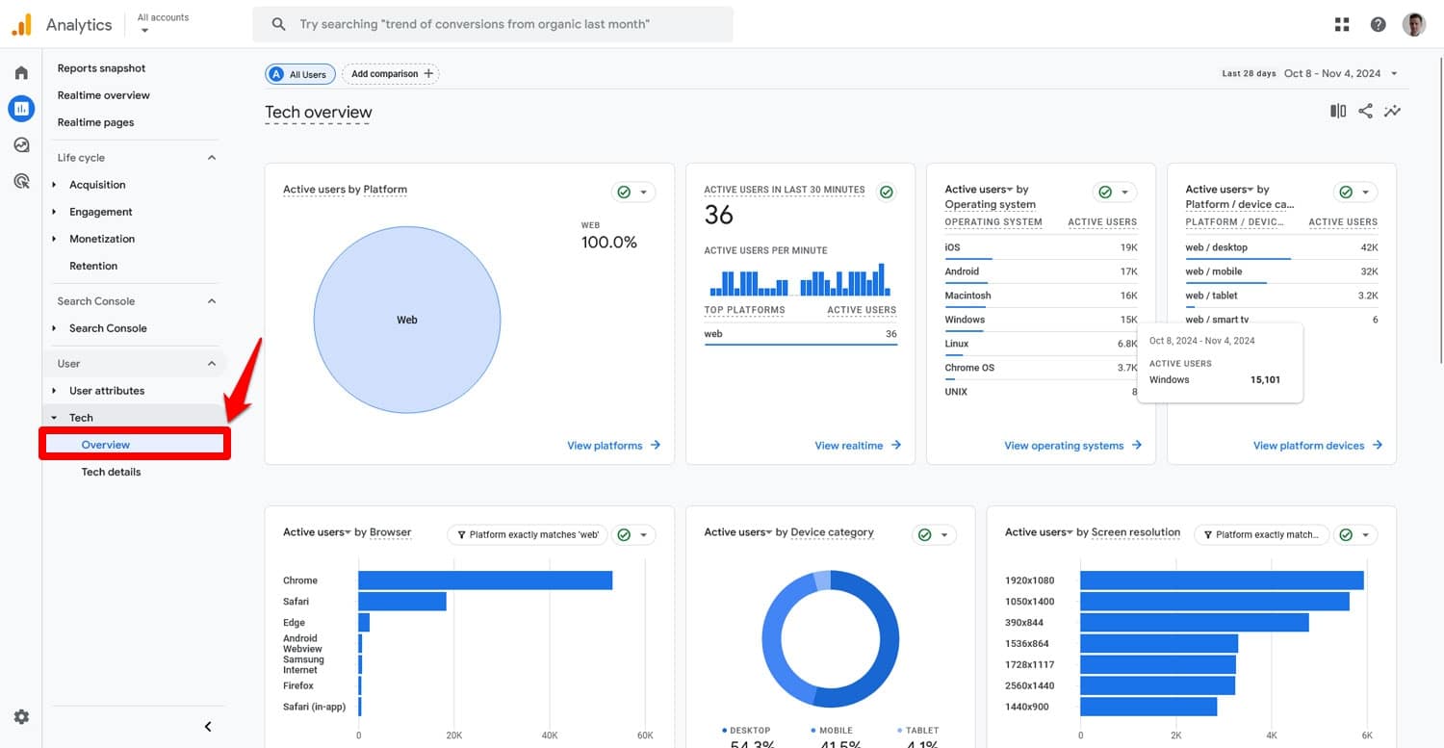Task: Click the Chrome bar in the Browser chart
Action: click(485, 580)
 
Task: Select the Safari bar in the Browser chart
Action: click(402, 602)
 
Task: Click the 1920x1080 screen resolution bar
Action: click(1221, 580)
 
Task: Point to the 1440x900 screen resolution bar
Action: click(1147, 707)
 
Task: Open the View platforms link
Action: click(613, 446)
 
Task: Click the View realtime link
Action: click(857, 446)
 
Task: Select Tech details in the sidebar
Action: click(111, 472)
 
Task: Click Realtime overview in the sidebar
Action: click(103, 95)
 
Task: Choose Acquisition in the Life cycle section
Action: click(97, 185)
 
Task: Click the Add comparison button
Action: click(391, 74)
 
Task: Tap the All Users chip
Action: click(300, 74)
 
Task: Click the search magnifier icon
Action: click(278, 24)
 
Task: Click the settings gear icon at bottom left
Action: click(21, 717)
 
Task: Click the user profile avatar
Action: click(1413, 25)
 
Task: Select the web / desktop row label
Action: click(1216, 247)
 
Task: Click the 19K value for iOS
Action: click(1128, 247)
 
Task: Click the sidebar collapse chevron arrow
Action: click(208, 727)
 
